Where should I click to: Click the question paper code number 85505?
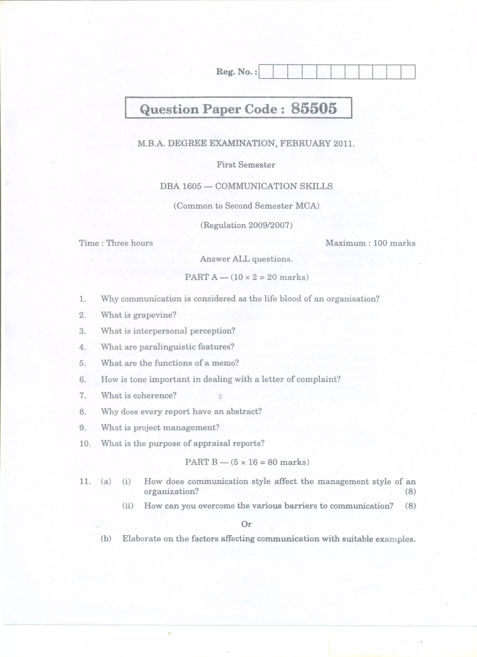pyautogui.click(x=314, y=108)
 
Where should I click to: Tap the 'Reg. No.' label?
pyautogui.click(x=236, y=72)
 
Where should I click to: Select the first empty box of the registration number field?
pyautogui.click(x=266, y=72)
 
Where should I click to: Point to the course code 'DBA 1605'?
pyautogui.click(x=180, y=186)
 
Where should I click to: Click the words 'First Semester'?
pyautogui.click(x=246, y=165)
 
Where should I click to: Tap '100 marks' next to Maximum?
pyautogui.click(x=394, y=243)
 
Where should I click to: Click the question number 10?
pyautogui.click(x=85, y=444)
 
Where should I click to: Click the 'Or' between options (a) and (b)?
pyautogui.click(x=246, y=524)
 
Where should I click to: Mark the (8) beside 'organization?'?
pyautogui.click(x=410, y=491)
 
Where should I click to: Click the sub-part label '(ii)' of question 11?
pyautogui.click(x=128, y=506)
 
